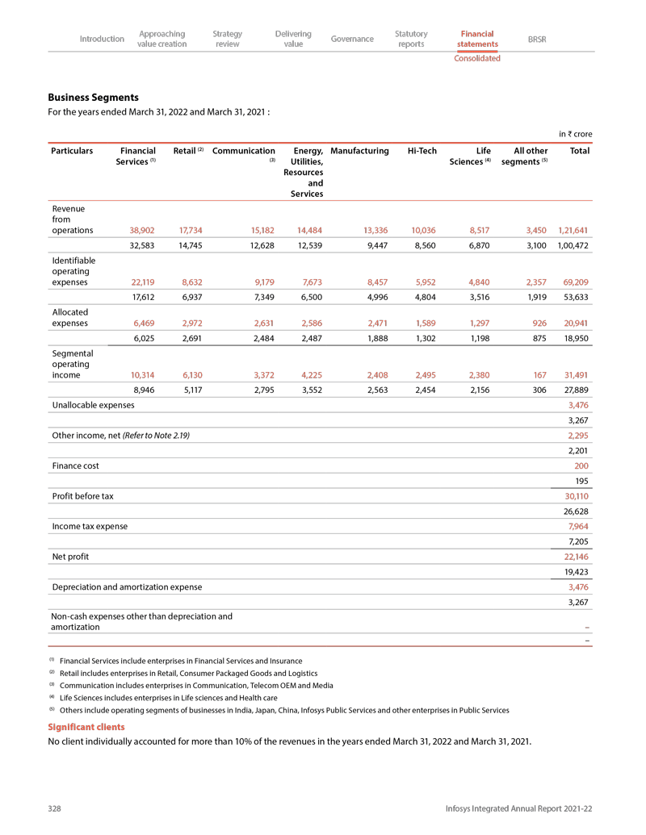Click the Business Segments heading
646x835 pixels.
pyautogui.click(x=93, y=97)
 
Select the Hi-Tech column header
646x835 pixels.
pyautogui.click(x=422, y=151)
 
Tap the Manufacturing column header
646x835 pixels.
pyautogui.click(x=360, y=151)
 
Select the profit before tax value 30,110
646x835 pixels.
pyautogui.click(x=577, y=495)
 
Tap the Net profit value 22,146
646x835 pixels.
pyautogui.click(x=577, y=557)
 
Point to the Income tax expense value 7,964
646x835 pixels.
pyautogui.click(x=579, y=526)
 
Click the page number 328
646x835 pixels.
pyautogui.click(x=56, y=808)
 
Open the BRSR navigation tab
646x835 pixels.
pyautogui.click(x=537, y=39)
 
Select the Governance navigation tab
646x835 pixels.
pyautogui.click(x=352, y=39)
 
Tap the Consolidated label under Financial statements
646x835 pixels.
pyautogui.click(x=476, y=58)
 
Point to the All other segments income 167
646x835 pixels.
pyautogui.click(x=539, y=374)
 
